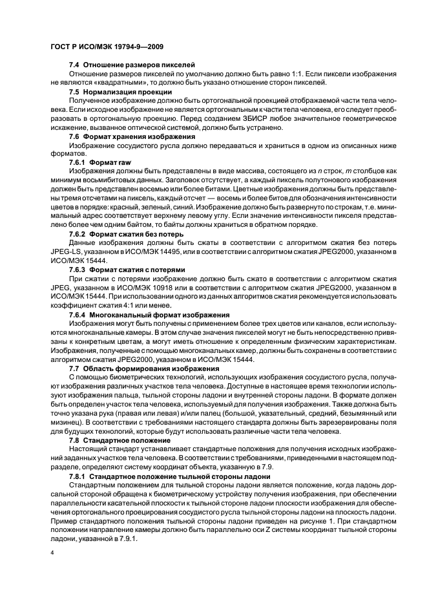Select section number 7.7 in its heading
[75, 369]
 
